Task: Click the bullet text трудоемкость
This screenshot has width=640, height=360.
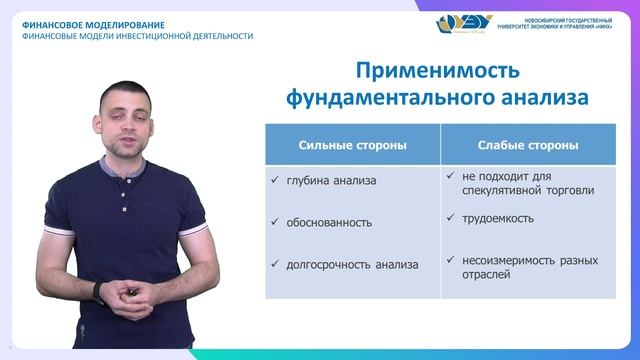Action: [498, 217]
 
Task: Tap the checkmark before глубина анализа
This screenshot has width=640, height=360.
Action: [275, 180]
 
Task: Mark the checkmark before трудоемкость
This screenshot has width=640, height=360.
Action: [451, 217]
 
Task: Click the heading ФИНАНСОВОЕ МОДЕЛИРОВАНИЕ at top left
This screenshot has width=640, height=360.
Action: [93, 23]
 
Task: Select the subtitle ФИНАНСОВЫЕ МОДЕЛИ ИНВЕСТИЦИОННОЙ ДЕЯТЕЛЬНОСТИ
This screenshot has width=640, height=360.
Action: [137, 36]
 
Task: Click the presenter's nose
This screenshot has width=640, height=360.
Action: [133, 118]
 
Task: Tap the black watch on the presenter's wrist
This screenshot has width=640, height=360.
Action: [97, 291]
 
